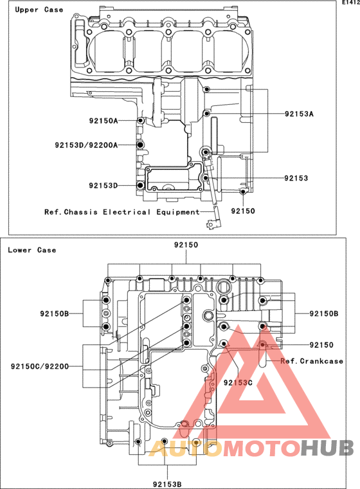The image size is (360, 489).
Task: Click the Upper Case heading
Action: (x=39, y=10)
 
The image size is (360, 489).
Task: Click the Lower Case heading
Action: (x=32, y=250)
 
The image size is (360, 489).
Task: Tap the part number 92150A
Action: (x=104, y=121)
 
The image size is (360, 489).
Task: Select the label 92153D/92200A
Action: (x=86, y=145)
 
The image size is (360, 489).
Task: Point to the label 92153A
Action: (x=299, y=114)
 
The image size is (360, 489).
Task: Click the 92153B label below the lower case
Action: (x=167, y=484)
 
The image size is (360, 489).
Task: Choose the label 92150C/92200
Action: (x=40, y=366)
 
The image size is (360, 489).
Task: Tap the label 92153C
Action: (x=238, y=382)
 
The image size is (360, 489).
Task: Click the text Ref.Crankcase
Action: (x=312, y=361)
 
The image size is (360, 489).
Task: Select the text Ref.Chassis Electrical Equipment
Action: (x=122, y=212)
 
